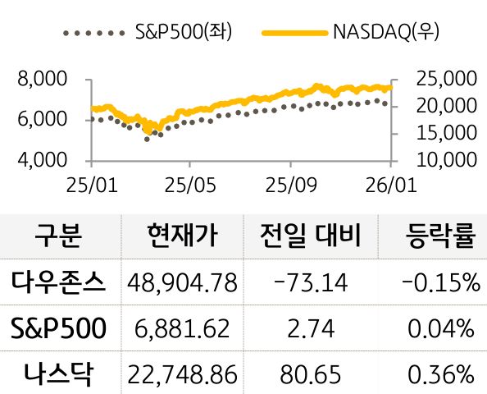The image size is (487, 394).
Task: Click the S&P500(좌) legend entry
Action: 148,34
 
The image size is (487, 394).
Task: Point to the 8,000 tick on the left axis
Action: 41,80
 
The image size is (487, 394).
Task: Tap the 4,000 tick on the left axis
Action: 41,159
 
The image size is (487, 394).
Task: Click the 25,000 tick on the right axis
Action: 447,80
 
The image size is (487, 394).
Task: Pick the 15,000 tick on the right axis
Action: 447,132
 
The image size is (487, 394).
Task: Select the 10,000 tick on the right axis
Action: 447,159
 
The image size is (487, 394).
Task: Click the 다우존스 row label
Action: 58,283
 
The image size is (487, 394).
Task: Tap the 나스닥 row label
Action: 58,374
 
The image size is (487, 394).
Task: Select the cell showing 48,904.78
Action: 182,284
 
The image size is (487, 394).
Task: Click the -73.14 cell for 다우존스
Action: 311,284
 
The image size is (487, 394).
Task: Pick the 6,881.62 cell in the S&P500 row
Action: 182,329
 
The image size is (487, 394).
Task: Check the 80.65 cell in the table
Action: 311,375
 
